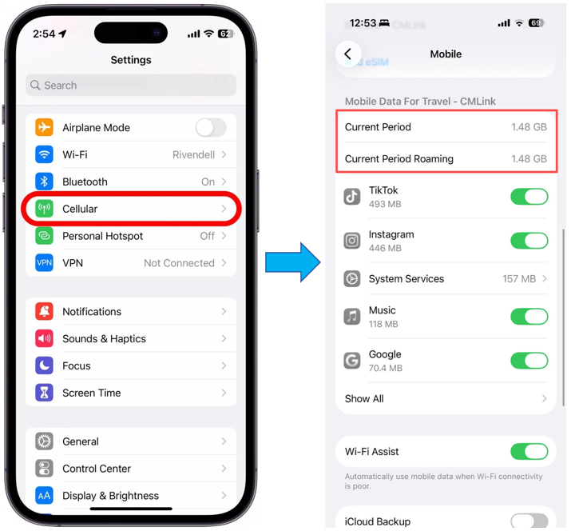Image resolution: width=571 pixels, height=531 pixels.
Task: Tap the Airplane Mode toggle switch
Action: point(211,128)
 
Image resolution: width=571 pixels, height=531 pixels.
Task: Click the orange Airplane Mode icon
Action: point(44,127)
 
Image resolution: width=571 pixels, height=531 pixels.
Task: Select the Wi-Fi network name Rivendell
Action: point(193,154)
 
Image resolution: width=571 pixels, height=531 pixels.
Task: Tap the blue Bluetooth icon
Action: point(44,182)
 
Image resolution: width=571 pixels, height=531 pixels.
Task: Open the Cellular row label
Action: point(80,209)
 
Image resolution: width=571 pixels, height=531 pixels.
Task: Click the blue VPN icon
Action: point(44,262)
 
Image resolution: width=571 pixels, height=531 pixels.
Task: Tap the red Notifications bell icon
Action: point(44,311)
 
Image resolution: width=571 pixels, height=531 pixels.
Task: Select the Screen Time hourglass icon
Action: point(44,393)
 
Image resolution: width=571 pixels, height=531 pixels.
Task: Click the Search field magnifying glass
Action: point(35,85)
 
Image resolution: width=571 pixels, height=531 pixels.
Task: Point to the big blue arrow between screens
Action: point(293,262)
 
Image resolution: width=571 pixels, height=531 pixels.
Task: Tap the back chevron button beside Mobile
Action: point(348,54)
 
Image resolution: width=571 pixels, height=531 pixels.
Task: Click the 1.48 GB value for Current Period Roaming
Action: point(529,158)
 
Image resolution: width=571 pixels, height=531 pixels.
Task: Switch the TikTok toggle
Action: point(529,197)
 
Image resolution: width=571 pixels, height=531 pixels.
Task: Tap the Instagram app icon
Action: point(351,241)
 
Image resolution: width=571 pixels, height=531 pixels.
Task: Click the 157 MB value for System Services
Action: point(519,278)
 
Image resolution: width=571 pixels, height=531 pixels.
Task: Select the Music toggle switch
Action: point(529,316)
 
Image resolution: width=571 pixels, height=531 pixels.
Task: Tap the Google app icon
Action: point(351,361)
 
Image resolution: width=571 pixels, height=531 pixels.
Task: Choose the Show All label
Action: point(364,398)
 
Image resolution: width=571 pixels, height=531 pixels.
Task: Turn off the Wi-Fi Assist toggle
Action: point(529,452)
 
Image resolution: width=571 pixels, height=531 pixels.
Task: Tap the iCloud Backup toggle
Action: point(529,521)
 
